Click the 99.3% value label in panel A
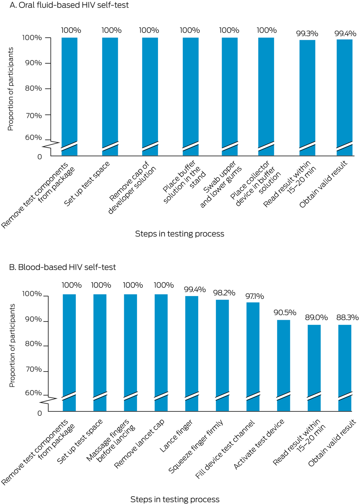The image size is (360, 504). pyautogui.click(x=307, y=33)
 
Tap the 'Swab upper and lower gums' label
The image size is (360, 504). pyautogui.click(x=221, y=184)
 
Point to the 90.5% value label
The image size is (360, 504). pyautogui.click(x=285, y=313)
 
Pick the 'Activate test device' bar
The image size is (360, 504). pyautogui.click(x=284, y=358)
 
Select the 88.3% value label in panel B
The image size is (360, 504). pyautogui.click(x=347, y=317)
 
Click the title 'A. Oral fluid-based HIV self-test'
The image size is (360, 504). pyautogui.click(x=69, y=5)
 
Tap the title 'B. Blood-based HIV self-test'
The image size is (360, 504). pyautogui.click(x=62, y=267)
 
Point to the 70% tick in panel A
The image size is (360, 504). pyautogui.click(x=33, y=116)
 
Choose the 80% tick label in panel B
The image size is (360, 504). pyautogui.click(x=33, y=344)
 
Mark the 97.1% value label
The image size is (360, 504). pyautogui.click(x=254, y=296)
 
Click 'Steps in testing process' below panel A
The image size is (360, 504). pyautogui.click(x=179, y=234)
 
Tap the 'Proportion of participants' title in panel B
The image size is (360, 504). pyautogui.click(x=12, y=345)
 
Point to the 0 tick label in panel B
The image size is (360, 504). pyautogui.click(x=40, y=413)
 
